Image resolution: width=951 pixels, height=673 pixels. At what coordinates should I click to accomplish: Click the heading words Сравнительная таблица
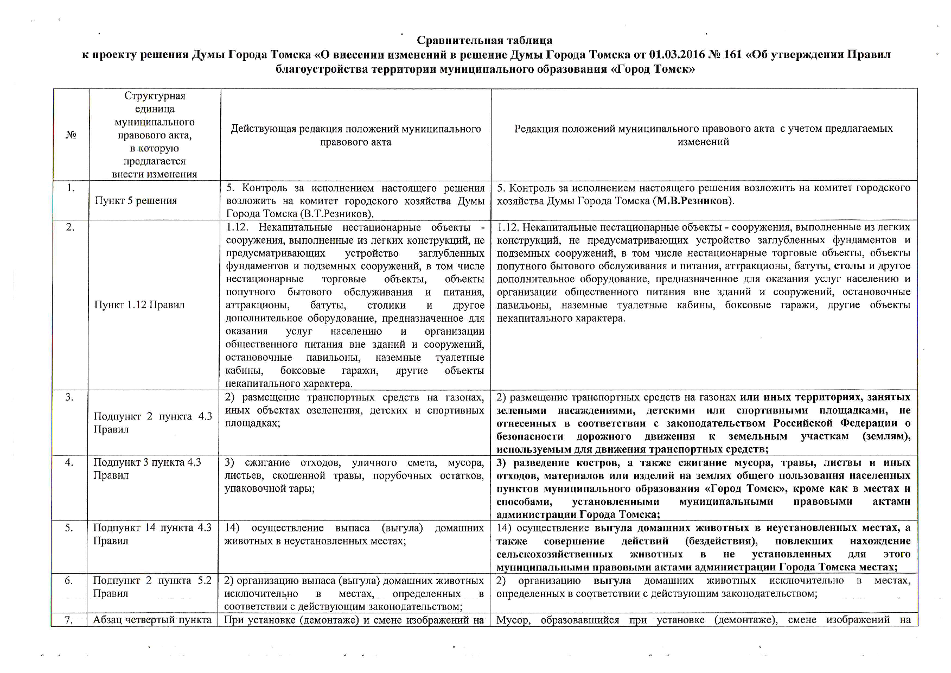[484, 40]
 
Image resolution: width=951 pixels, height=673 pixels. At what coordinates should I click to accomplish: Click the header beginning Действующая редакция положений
[355, 135]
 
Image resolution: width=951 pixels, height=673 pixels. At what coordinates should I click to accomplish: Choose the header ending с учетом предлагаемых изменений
[703, 135]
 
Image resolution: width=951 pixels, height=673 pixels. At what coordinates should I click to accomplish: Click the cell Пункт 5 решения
[136, 201]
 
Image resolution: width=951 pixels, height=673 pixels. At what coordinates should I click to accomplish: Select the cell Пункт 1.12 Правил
[139, 305]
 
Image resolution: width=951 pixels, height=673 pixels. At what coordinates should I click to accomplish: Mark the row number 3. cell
[70, 397]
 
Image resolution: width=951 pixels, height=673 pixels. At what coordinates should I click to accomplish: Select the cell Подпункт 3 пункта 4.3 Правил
[147, 468]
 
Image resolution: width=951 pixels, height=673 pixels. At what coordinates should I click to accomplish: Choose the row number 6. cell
[69, 581]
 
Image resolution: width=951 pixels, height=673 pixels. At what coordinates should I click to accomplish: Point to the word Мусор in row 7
[512, 620]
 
